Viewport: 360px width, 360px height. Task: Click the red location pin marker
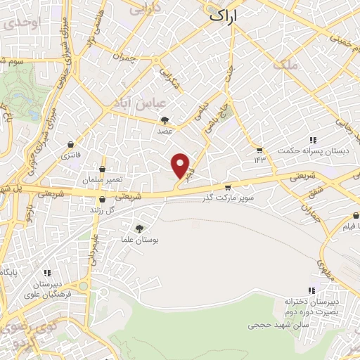[x=181, y=166]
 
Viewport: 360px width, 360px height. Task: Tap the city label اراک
[x=223, y=15]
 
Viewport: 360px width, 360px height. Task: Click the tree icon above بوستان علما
[x=139, y=229]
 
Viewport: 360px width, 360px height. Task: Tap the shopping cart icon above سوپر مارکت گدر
[x=227, y=188]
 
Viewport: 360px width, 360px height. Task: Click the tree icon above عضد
[x=165, y=120]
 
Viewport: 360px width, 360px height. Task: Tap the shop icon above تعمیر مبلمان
[x=103, y=169]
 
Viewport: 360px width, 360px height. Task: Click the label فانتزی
[x=70, y=155]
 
